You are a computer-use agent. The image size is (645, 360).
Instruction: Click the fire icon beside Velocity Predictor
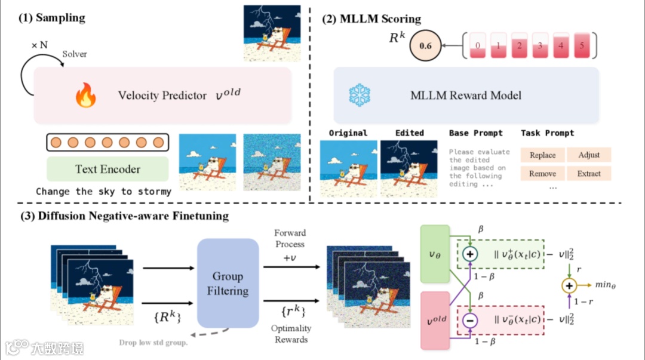click(x=85, y=96)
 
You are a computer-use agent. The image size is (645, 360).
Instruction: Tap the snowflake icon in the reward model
click(x=360, y=96)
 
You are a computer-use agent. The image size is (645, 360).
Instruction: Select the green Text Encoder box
click(x=107, y=168)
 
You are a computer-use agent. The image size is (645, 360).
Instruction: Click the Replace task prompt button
click(x=542, y=155)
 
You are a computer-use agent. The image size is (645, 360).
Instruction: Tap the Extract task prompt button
click(x=589, y=174)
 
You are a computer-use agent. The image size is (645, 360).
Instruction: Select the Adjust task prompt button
click(x=589, y=155)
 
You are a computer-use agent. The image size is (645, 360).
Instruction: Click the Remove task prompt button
click(x=542, y=174)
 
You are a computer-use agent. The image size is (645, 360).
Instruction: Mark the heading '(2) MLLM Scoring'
click(x=371, y=19)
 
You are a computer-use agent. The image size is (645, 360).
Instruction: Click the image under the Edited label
click(x=409, y=168)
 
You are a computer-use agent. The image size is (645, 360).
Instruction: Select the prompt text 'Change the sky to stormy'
click(x=103, y=192)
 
